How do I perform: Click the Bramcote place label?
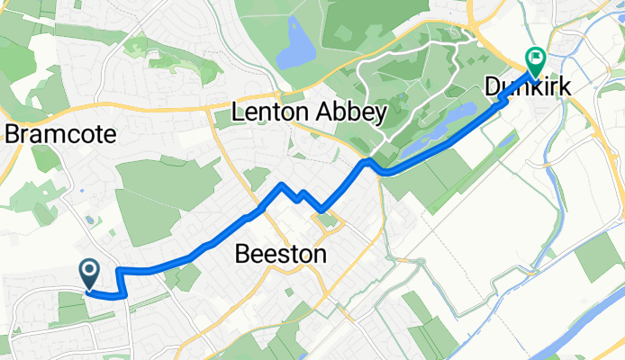point(61,135)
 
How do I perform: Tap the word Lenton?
point(267,112)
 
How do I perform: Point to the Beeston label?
point(279,255)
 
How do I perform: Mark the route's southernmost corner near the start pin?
point(124,294)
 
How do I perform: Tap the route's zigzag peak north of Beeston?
point(283,184)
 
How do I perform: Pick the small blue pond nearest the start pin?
point(87,220)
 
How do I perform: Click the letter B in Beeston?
point(241,255)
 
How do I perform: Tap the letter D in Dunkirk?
point(493,87)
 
